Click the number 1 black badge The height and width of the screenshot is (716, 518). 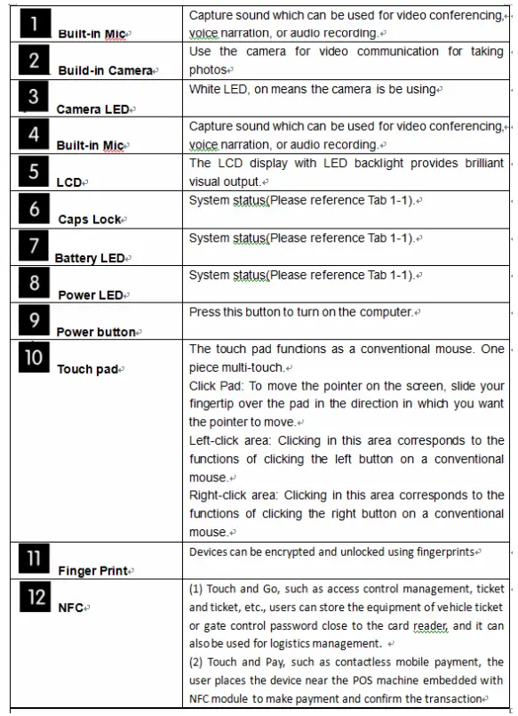click(x=34, y=22)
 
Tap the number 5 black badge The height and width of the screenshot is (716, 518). click(x=34, y=171)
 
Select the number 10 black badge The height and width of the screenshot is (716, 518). click(x=34, y=358)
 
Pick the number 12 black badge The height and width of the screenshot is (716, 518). click(x=35, y=597)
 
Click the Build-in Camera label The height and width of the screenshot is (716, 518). click(x=106, y=70)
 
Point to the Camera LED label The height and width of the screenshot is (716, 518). click(x=93, y=109)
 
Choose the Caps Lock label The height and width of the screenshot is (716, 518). click(x=91, y=219)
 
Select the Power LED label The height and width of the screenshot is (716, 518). click(x=91, y=294)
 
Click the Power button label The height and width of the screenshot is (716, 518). click(x=96, y=332)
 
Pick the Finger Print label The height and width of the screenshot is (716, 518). click(x=92, y=571)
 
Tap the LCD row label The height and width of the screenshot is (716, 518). click(x=69, y=182)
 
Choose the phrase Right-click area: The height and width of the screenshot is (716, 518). click(x=233, y=495)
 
